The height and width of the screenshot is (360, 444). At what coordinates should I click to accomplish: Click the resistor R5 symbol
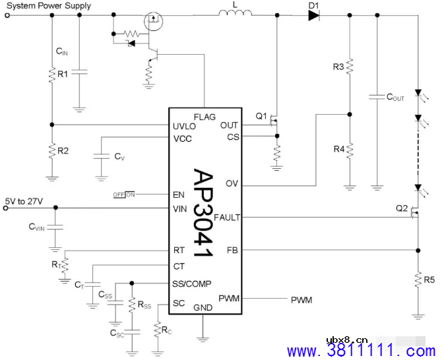point(418,280)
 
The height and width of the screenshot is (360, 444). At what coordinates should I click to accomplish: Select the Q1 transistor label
point(262,116)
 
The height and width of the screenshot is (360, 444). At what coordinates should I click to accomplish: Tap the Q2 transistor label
point(402,208)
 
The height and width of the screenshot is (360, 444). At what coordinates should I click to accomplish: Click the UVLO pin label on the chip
point(184,125)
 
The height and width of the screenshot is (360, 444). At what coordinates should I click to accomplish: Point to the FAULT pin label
point(228,218)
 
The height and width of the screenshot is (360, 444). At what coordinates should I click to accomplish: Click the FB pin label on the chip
point(232,251)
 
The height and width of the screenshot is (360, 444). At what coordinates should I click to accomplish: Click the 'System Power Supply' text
point(49,6)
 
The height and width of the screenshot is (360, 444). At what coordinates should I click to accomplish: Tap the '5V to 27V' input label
point(24,200)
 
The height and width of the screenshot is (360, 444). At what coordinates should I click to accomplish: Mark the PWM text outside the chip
point(301,300)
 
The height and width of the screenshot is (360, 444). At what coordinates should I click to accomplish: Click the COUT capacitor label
point(395,98)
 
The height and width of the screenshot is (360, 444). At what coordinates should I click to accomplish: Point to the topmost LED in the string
point(418,96)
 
